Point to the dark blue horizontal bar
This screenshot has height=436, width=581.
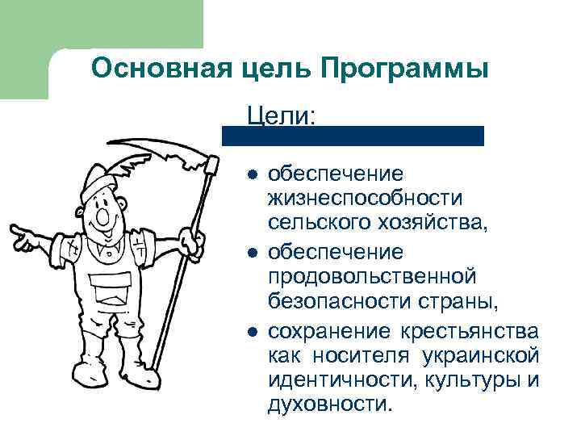click(x=353, y=136)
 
